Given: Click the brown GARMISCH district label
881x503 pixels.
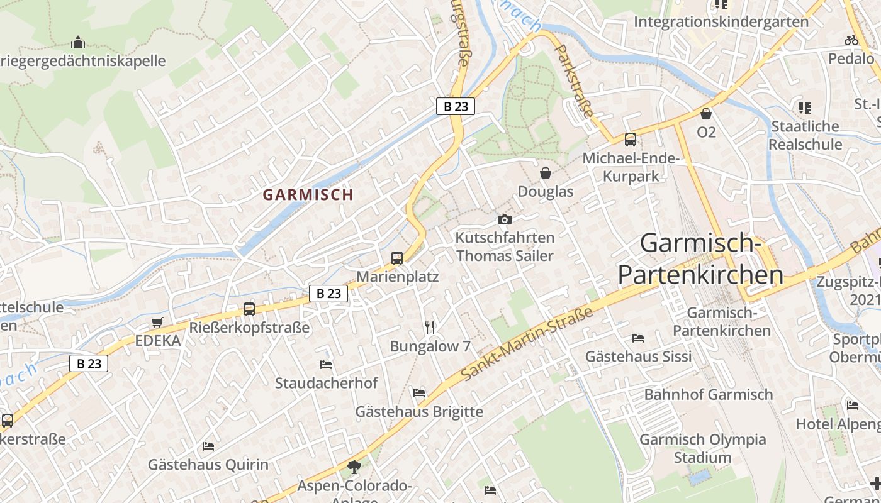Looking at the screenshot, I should coord(308,195).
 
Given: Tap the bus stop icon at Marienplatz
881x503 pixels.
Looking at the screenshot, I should coord(397,258).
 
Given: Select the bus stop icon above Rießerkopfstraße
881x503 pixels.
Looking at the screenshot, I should coord(249,309).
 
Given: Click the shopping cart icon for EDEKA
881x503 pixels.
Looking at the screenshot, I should coord(157,322).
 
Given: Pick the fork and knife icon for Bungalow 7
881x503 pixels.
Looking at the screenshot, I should coord(430,327).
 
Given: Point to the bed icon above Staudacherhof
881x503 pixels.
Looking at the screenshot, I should coord(326,364).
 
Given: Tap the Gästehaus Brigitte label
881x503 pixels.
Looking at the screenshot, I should coord(419,412).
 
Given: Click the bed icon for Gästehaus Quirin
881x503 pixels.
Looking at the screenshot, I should coord(208,446).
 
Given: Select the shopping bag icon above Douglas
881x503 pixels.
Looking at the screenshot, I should coord(546,172).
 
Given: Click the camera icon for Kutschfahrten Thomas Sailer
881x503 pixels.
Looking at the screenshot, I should coord(504,219).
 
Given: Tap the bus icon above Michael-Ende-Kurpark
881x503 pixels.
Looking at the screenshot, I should coord(630,139).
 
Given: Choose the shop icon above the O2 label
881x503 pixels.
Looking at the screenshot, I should coord(706,114).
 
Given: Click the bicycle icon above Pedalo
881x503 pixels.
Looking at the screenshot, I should coord(851,40).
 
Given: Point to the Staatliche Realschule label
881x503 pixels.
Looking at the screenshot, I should coord(805,135).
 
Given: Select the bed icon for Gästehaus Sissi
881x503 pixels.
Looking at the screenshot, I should coord(638,338).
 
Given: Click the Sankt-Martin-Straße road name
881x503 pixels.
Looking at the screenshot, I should coord(527,344).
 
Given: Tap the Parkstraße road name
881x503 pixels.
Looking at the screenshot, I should coord(574,81).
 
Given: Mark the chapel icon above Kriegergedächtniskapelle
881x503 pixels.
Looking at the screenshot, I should coord(78,42).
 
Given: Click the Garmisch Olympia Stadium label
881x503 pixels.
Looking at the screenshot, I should coord(702,448).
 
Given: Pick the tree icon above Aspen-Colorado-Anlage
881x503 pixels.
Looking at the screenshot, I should coord(354,467).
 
